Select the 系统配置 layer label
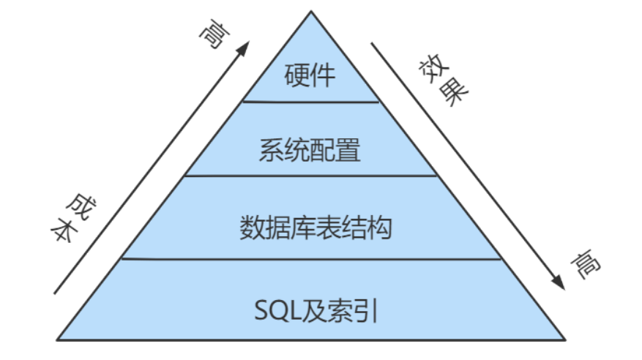310,151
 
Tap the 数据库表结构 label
316,227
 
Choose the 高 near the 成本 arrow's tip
212,36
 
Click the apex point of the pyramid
310,11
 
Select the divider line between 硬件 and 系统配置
310,102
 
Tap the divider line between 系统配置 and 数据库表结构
310,176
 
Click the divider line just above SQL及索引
310,258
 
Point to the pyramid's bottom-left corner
58,339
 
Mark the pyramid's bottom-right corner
564,339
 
